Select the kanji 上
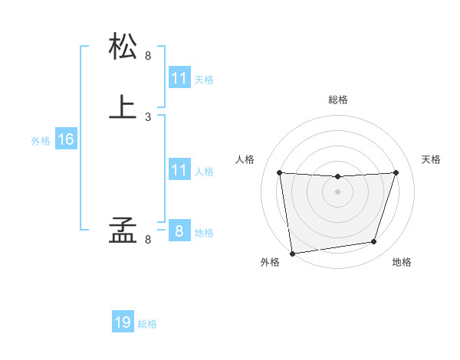[123, 106]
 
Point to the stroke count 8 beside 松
[148, 55]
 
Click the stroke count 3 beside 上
[148, 116]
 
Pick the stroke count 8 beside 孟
[148, 240]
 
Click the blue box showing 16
[66, 139]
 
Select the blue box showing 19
[123, 322]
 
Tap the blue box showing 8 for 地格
[179, 231]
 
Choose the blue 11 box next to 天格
[179, 78]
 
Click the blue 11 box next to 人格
[179, 170]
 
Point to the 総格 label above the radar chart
[338, 100]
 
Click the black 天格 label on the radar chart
[431, 159]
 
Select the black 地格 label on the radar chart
[402, 263]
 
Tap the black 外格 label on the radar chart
[270, 263]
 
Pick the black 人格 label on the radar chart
[245, 159]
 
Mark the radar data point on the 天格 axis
[396, 172]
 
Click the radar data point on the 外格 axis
[292, 253]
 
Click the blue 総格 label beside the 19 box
[147, 324]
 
